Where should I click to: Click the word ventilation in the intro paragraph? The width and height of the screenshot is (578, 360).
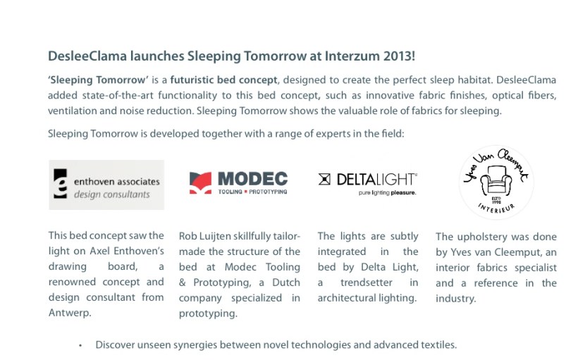coord(72,111)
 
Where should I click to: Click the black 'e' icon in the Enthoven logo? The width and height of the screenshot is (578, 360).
coord(62,185)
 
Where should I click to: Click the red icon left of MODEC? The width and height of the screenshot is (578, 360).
coord(200,182)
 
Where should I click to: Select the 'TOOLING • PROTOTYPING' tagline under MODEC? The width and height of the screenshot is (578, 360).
coord(252,192)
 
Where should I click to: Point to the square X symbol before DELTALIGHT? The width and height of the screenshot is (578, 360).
coord(325,180)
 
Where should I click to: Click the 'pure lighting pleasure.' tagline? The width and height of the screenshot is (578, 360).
coord(388,192)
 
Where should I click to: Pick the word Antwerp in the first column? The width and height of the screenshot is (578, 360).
coord(69,313)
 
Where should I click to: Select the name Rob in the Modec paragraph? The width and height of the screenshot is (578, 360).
coord(189,236)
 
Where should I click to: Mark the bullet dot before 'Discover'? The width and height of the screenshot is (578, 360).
coord(81,345)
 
